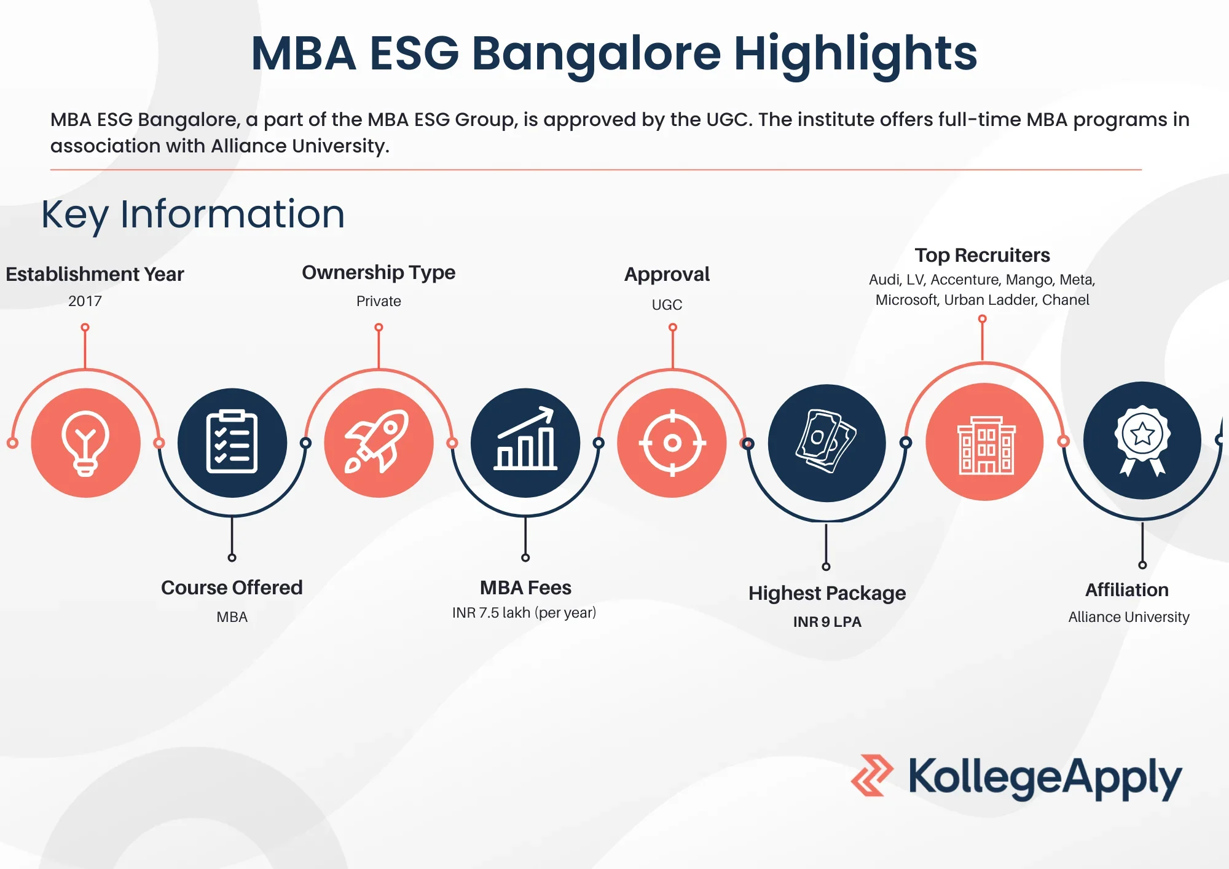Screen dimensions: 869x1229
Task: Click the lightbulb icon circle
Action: [85, 442]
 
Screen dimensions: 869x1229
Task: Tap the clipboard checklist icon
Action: [232, 442]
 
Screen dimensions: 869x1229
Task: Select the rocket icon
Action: [379, 442]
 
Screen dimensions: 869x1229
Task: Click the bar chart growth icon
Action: [525, 442]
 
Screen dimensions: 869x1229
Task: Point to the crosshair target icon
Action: [672, 442]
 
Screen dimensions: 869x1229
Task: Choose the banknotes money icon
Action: [827, 442]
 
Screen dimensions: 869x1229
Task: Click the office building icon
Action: [984, 442]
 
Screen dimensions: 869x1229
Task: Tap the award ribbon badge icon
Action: [1142, 440]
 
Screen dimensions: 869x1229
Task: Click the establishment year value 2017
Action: [85, 301]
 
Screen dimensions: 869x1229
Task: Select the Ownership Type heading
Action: [379, 272]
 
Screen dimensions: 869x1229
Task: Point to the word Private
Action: [379, 301]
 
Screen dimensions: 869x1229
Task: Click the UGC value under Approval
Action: [667, 305]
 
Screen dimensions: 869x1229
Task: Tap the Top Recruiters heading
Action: [982, 255]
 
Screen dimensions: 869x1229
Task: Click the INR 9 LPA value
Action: [827, 622]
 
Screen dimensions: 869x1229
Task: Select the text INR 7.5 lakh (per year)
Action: [524, 613]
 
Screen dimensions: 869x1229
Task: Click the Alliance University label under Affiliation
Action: [1129, 617]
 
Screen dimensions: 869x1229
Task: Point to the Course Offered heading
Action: [232, 588]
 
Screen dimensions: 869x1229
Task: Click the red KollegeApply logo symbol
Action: [872, 776]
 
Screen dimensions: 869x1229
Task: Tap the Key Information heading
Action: [193, 214]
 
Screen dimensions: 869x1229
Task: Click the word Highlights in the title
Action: [855, 53]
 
